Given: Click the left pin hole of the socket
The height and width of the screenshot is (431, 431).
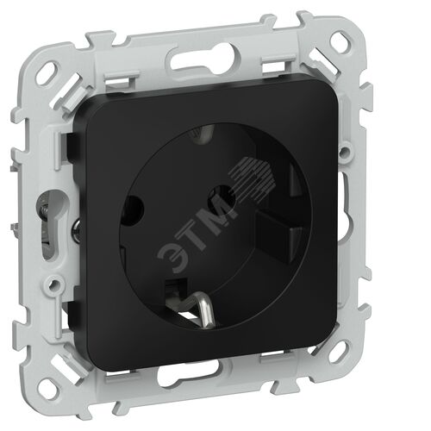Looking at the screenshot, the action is (x=133, y=207).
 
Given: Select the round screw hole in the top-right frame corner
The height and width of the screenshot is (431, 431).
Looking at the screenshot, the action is (x=342, y=41).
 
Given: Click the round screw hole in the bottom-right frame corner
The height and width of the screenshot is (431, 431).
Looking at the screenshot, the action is (x=340, y=351).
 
